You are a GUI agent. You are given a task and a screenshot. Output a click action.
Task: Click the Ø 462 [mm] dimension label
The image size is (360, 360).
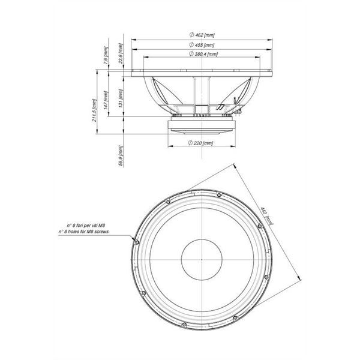pyautogui.click(x=202, y=35)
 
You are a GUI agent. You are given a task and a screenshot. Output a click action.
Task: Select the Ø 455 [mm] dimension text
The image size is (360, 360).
pyautogui.click(x=202, y=45)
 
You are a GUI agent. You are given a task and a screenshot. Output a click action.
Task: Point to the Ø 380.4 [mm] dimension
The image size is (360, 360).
pyautogui.click(x=203, y=55)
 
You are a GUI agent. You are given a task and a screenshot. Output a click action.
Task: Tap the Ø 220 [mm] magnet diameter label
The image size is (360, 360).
pyautogui.click(x=200, y=143)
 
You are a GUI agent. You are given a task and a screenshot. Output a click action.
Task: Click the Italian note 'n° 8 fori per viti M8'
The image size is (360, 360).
pyautogui.click(x=88, y=224)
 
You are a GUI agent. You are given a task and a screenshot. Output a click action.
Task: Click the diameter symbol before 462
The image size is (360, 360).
pyautogui.click(x=190, y=35)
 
